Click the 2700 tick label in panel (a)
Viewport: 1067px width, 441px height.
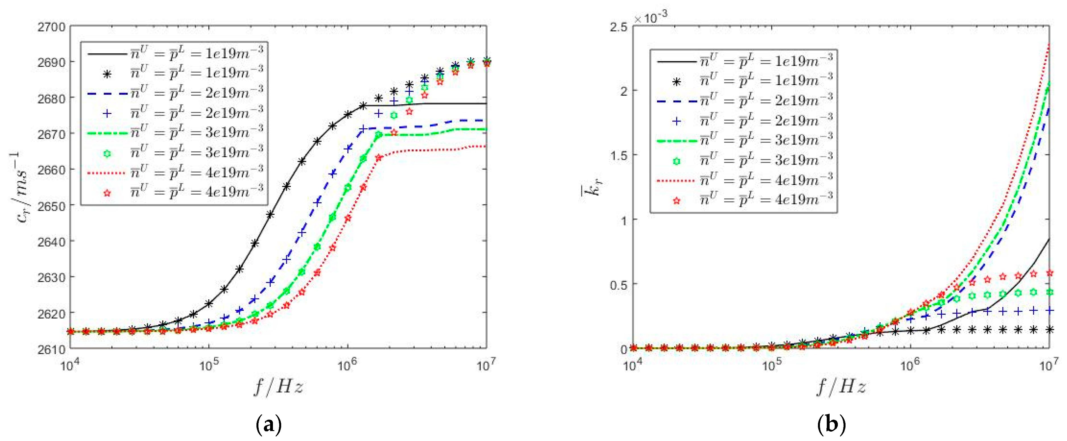click(51, 27)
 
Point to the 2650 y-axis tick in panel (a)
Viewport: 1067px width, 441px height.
click(51, 206)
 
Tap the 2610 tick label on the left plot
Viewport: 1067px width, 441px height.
click(51, 349)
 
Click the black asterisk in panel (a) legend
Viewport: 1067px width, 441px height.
click(107, 74)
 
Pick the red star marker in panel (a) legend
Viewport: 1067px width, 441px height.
click(107, 193)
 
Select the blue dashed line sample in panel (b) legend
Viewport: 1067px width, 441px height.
click(677, 101)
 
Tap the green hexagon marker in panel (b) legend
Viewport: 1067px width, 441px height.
click(677, 161)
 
